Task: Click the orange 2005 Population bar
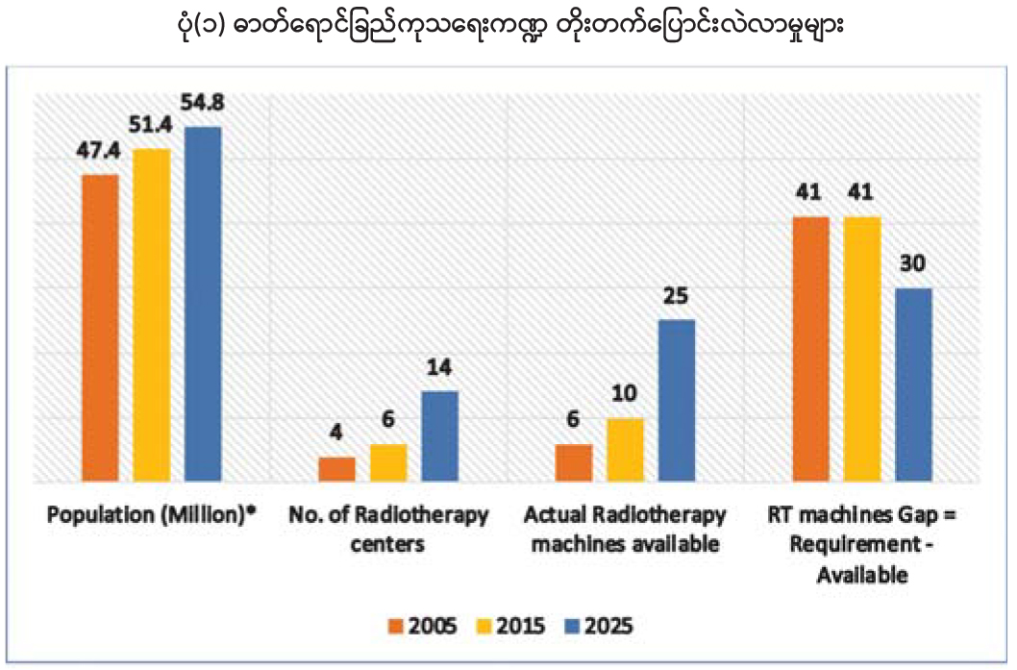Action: [x=100, y=327]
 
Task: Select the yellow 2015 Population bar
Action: [x=152, y=314]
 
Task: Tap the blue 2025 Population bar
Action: [x=203, y=303]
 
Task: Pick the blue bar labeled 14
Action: [x=440, y=435]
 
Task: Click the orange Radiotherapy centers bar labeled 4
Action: [x=336, y=468]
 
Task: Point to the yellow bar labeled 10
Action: [x=626, y=449]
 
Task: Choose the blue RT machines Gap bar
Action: [x=913, y=384]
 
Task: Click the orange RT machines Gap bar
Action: [x=810, y=348]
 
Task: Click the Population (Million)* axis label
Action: [x=153, y=516]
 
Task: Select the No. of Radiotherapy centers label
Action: [x=388, y=529]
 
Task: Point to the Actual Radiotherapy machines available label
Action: [x=626, y=529]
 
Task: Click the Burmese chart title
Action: [x=507, y=27]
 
